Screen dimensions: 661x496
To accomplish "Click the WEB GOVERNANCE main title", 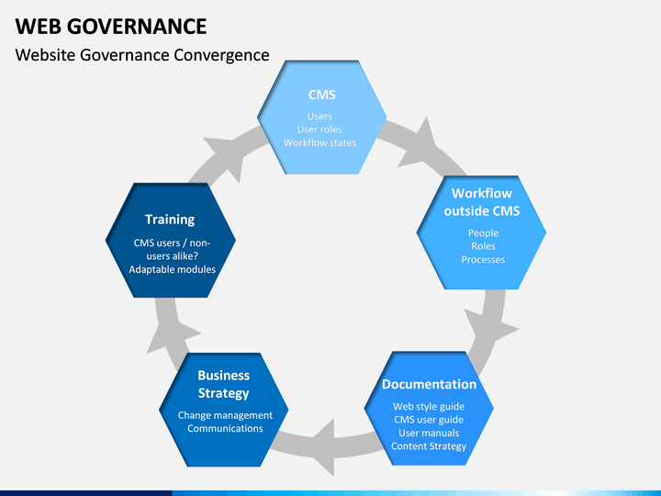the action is pyautogui.click(x=111, y=26).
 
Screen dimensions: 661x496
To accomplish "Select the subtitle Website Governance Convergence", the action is pyautogui.click(x=142, y=55).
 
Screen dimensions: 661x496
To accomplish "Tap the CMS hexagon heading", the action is pyautogui.click(x=321, y=95).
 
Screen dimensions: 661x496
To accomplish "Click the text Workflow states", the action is pyautogui.click(x=319, y=142).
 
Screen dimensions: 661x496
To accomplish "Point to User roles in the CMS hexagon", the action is pyautogui.click(x=319, y=130).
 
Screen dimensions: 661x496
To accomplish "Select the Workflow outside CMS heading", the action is pyautogui.click(x=482, y=202).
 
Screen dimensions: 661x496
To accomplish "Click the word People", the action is pyautogui.click(x=483, y=232).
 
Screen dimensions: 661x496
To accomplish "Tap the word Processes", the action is pyautogui.click(x=483, y=259).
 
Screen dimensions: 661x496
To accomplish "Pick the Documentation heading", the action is pyautogui.click(x=429, y=384).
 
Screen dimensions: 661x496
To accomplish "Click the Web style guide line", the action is pyautogui.click(x=429, y=406).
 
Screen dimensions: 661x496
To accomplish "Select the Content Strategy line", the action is pyautogui.click(x=429, y=446).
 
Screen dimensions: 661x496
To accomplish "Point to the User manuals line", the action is pyautogui.click(x=429, y=433).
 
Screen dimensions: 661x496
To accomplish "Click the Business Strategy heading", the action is pyautogui.click(x=223, y=384).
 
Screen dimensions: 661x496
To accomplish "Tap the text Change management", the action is pyautogui.click(x=225, y=415).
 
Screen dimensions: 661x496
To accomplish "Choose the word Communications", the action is pyautogui.click(x=225, y=429).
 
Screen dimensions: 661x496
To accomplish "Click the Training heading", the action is pyautogui.click(x=170, y=220).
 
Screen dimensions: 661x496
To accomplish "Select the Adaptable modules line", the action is pyautogui.click(x=172, y=269).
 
